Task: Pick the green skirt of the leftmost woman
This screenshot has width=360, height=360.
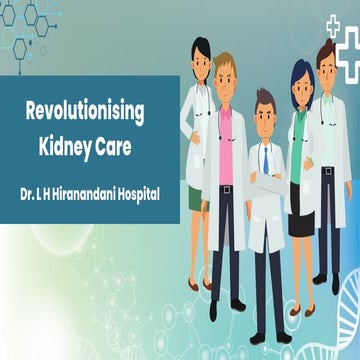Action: (x=196, y=198)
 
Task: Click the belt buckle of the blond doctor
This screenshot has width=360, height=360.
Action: (x=227, y=188)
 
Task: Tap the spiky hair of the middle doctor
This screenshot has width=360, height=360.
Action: (x=264, y=97)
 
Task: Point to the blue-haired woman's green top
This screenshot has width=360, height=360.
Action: (x=298, y=150)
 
